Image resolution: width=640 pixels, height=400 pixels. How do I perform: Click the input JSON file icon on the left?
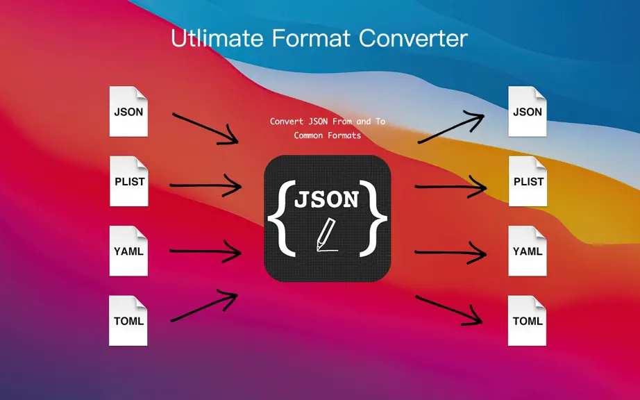point(128,111)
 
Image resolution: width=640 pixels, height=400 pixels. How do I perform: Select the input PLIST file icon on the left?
point(129,181)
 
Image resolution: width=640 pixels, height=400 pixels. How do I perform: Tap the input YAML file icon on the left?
point(128,251)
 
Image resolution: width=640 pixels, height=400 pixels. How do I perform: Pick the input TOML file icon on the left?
point(128,321)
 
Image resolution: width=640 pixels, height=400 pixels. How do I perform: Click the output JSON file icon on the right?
point(528,111)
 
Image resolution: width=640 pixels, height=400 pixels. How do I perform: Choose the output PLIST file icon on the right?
point(528,181)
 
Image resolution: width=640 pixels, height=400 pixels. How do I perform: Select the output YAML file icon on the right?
point(528,251)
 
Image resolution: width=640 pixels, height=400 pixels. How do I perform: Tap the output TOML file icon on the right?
point(527,321)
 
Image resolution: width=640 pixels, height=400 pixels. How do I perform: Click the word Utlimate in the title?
point(217,38)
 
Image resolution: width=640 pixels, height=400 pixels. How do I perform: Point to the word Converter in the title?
point(413,38)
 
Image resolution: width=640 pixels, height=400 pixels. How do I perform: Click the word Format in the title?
point(311,38)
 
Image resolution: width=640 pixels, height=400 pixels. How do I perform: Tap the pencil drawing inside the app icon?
point(326,235)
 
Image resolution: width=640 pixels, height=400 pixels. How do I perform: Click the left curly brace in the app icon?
point(282,218)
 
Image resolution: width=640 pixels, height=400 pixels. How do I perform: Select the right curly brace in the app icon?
point(373,218)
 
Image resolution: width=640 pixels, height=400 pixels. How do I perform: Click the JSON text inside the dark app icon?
point(326,199)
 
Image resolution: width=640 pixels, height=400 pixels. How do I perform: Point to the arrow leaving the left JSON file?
point(205,128)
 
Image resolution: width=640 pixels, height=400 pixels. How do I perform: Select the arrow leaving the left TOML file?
point(204,306)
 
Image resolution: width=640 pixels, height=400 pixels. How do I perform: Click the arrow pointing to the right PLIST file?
point(451,187)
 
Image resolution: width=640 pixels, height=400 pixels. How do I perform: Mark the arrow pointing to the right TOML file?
point(449,310)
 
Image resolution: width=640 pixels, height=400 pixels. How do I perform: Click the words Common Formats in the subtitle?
point(328,135)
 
